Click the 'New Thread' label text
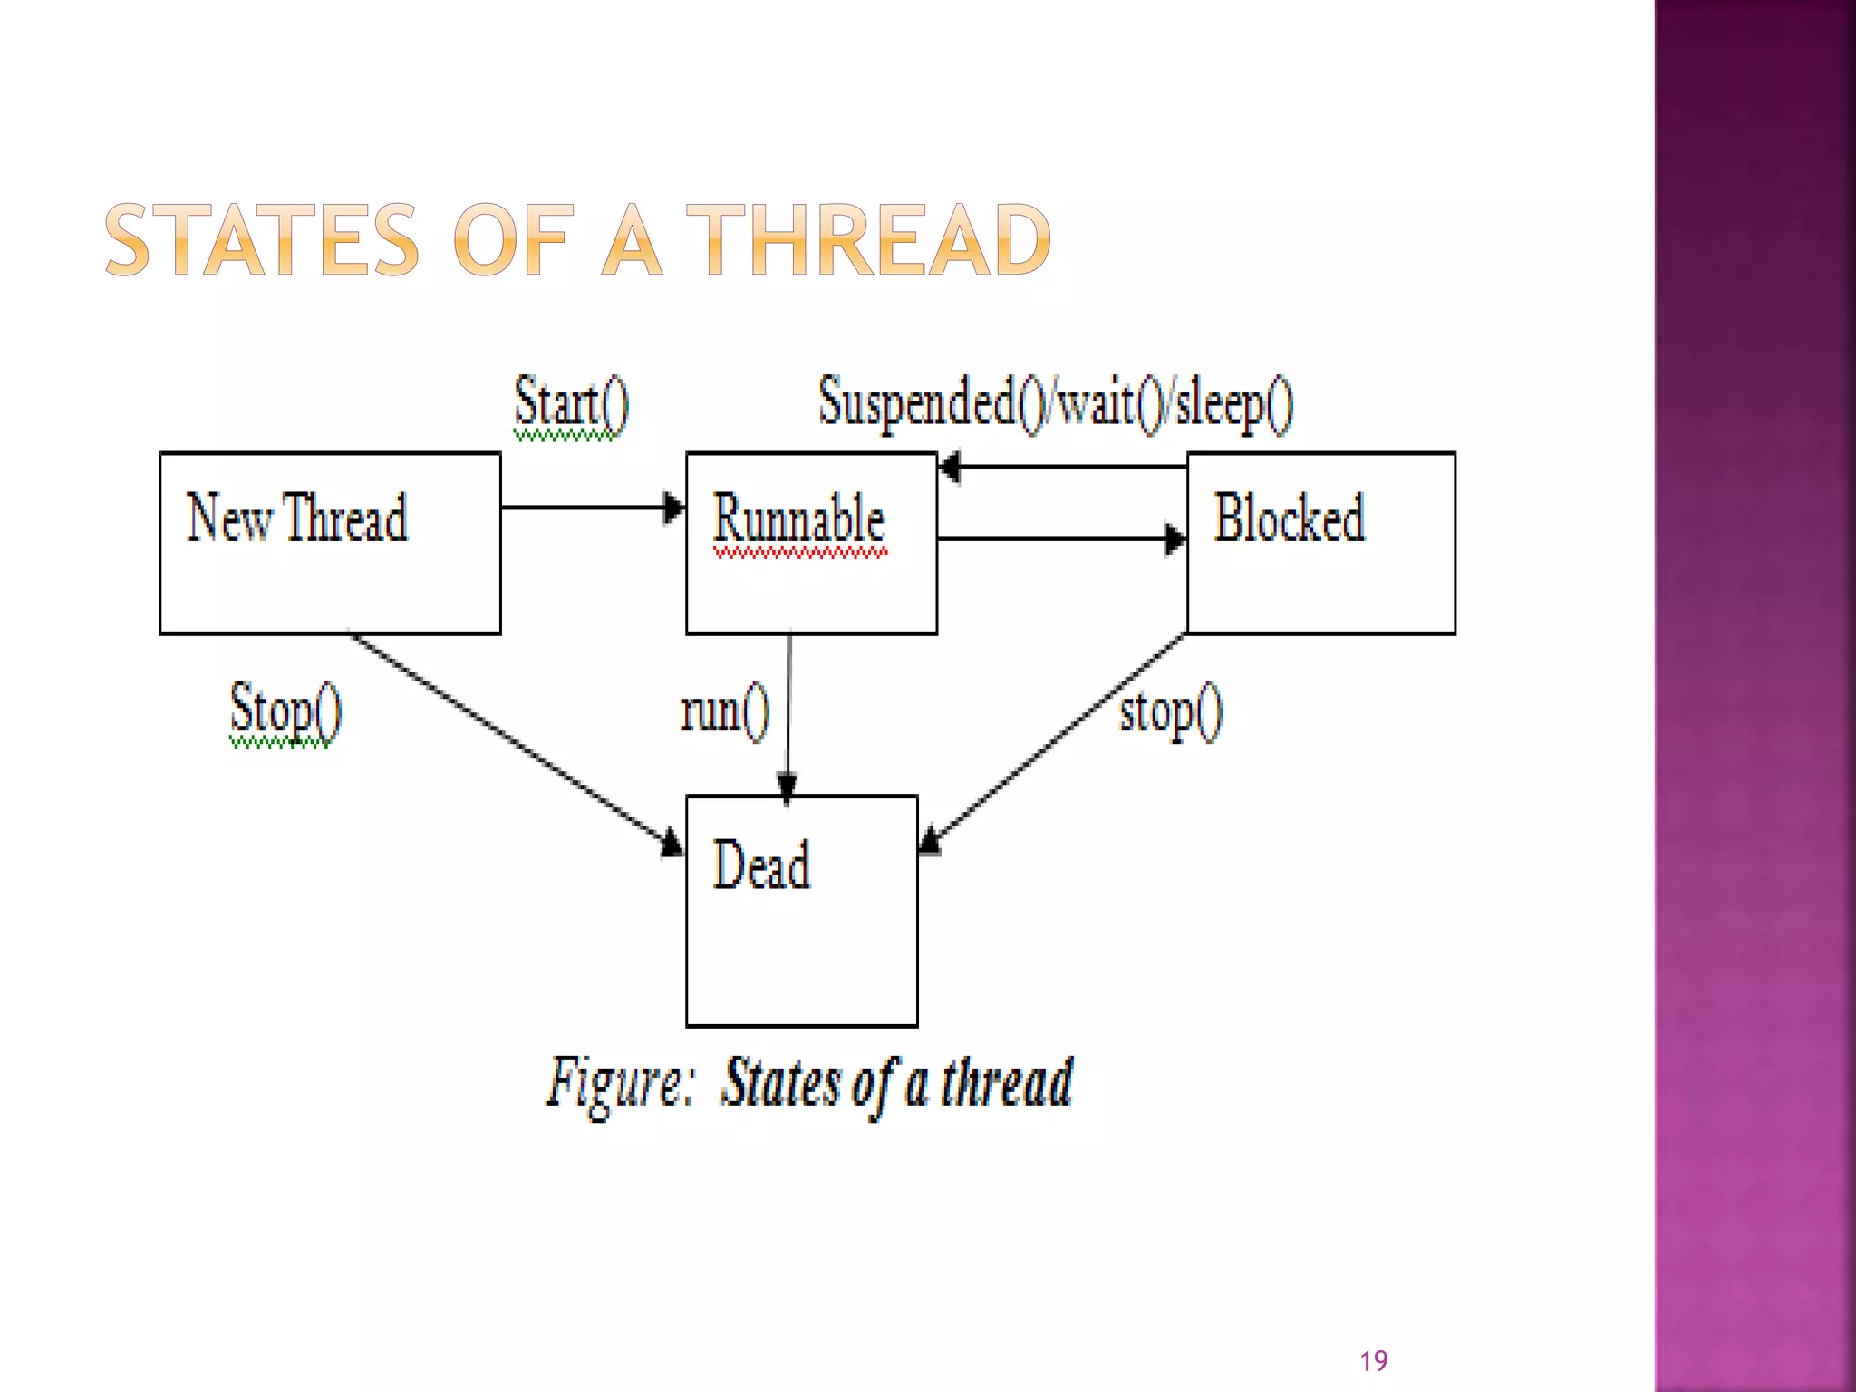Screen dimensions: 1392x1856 tap(297, 517)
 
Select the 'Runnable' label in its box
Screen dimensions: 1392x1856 tap(798, 519)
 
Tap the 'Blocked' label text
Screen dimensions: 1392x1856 tap(1289, 517)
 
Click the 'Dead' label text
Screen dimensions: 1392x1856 tap(761, 865)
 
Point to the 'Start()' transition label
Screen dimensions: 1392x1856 tap(571, 402)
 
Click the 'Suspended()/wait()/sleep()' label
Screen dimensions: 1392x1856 tap(1056, 402)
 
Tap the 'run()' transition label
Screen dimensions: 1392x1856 tap(725, 712)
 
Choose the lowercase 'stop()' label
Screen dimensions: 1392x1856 tap(1171, 712)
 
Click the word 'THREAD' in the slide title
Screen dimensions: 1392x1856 tap(868, 241)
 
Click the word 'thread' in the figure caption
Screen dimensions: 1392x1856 tap(1006, 1083)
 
